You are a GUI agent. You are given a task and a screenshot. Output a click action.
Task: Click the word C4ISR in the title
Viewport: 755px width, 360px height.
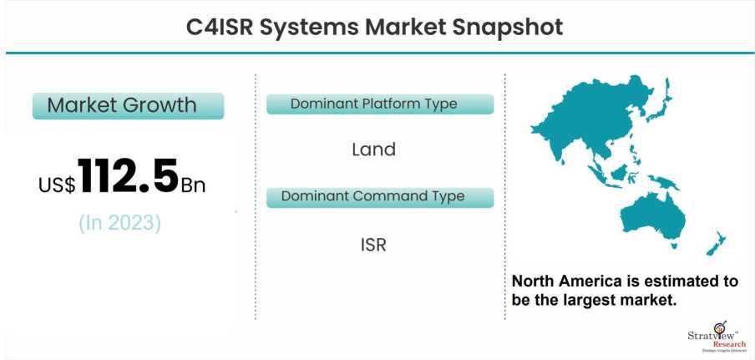218,28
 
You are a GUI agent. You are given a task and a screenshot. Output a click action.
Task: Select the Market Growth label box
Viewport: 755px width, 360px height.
127,106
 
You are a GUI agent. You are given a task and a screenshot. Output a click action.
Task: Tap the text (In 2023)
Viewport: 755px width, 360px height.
120,223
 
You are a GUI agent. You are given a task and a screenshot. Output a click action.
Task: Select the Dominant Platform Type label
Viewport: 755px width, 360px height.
379,104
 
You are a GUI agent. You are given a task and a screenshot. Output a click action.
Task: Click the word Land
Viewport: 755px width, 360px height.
373,150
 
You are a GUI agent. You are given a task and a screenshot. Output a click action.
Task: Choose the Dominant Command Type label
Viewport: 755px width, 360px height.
379,197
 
